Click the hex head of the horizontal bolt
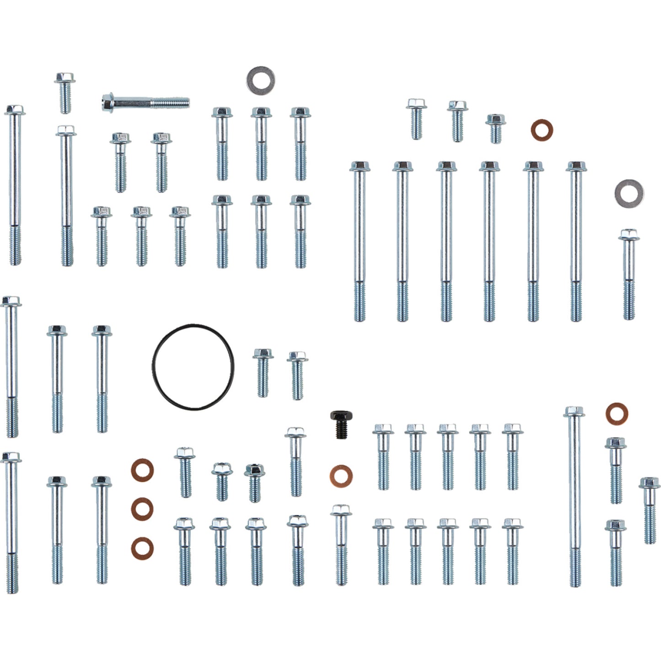[108, 101]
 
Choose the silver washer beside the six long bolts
[629, 192]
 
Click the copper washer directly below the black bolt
[341, 476]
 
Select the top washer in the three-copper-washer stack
[142, 470]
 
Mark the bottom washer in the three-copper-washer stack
[142, 548]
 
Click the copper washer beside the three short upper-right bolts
[542, 130]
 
